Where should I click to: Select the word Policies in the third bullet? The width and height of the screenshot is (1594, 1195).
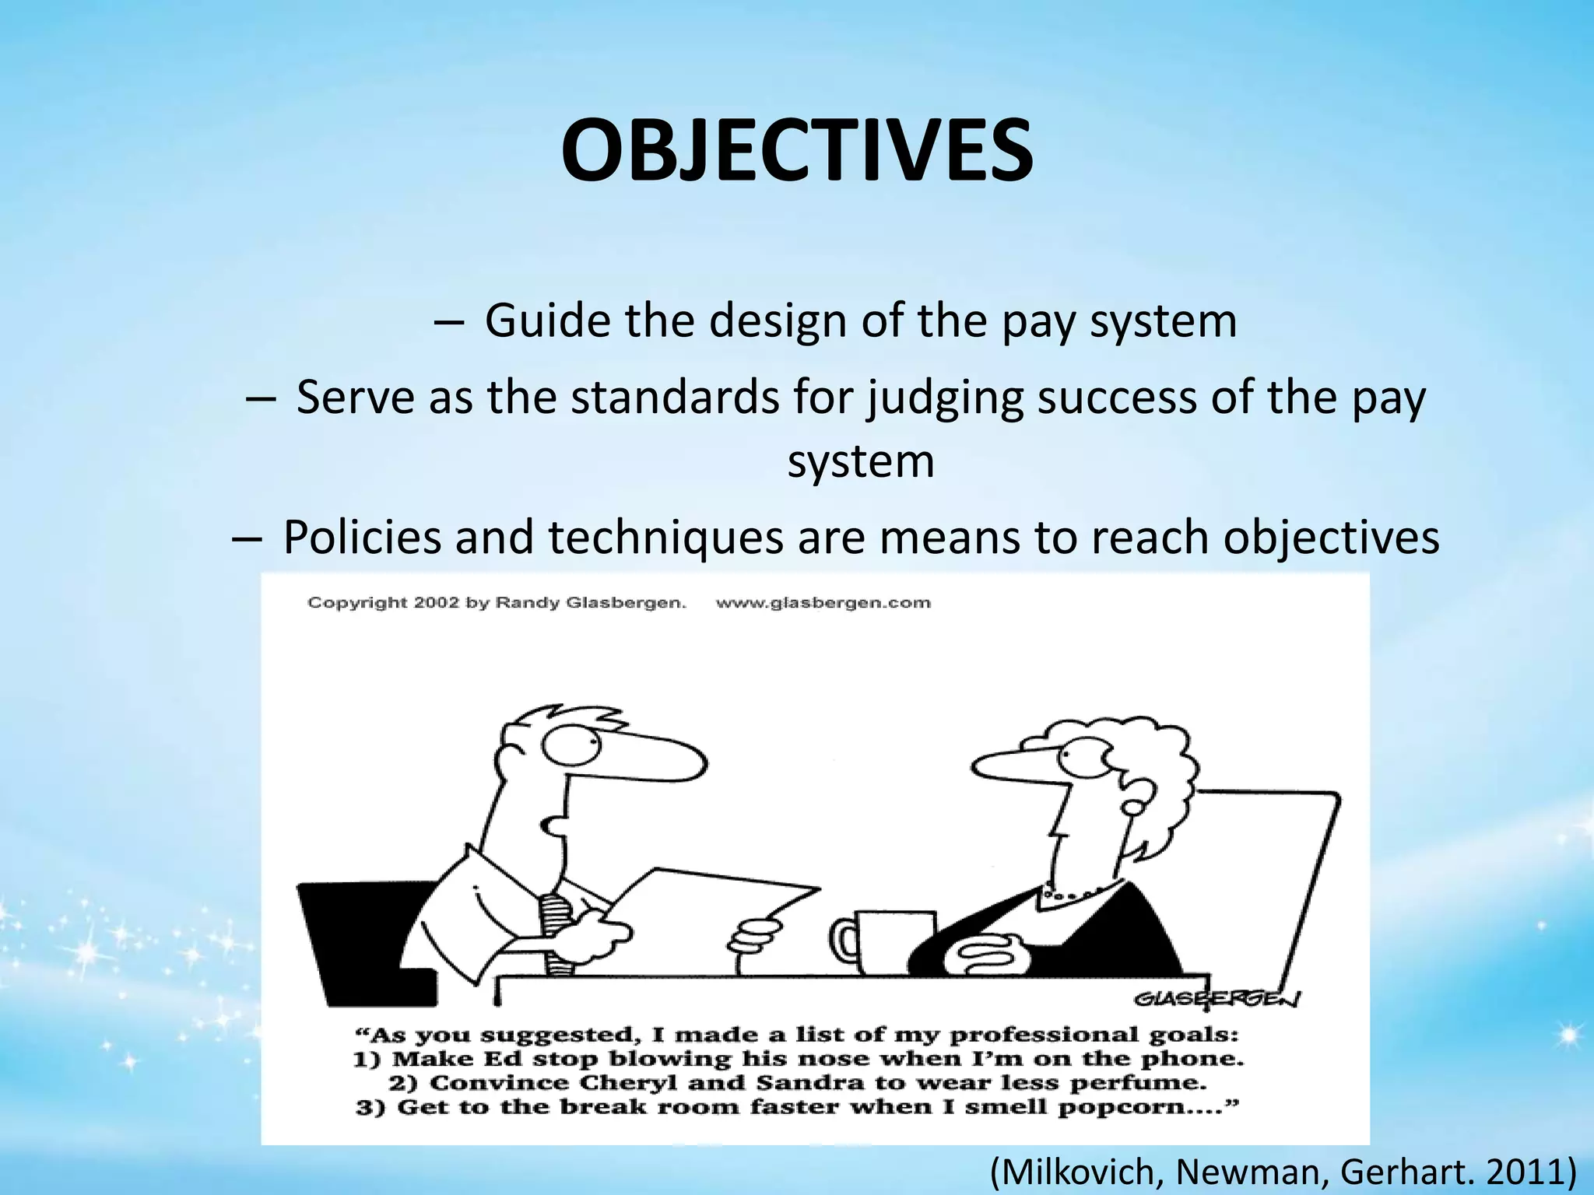[x=362, y=537]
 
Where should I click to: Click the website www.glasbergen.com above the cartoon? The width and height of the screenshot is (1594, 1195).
[x=823, y=602]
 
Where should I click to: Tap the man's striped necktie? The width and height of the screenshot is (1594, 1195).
[x=557, y=934]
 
